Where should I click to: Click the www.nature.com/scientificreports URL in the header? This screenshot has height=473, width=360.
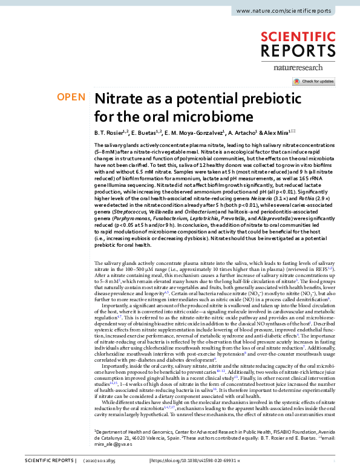click(x=292, y=11)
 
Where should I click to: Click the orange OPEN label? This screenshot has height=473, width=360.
click(x=70, y=97)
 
